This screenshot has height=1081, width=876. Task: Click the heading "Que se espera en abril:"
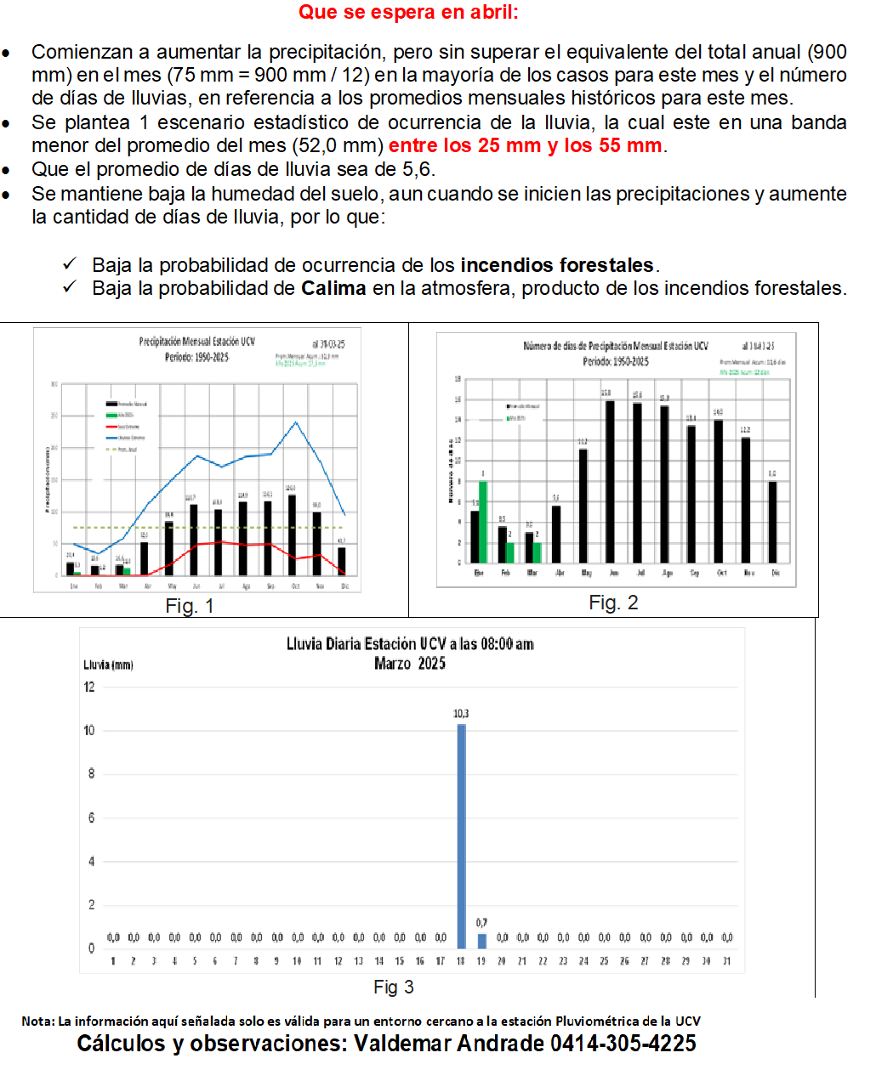408,13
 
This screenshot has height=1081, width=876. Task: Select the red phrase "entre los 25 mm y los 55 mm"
525,145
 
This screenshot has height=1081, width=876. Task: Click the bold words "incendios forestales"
557,265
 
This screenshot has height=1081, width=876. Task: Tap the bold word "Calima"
333,288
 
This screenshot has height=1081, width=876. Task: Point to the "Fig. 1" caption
190,606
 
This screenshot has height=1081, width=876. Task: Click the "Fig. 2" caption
613,603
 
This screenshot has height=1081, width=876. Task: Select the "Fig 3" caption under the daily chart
394,987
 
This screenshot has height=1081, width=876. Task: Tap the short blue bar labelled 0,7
481,941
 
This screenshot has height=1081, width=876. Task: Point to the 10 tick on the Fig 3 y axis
89,730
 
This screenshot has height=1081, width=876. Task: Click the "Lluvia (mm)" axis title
108,665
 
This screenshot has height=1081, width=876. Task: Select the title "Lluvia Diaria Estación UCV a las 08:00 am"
410,644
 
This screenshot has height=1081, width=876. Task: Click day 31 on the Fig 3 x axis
727,961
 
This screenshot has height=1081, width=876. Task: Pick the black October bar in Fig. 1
293,535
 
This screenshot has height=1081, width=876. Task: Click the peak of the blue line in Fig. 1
296,422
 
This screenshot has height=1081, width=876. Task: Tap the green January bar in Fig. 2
483,522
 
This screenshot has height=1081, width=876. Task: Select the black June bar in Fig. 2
610,481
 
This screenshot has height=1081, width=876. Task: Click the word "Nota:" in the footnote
37,1022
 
